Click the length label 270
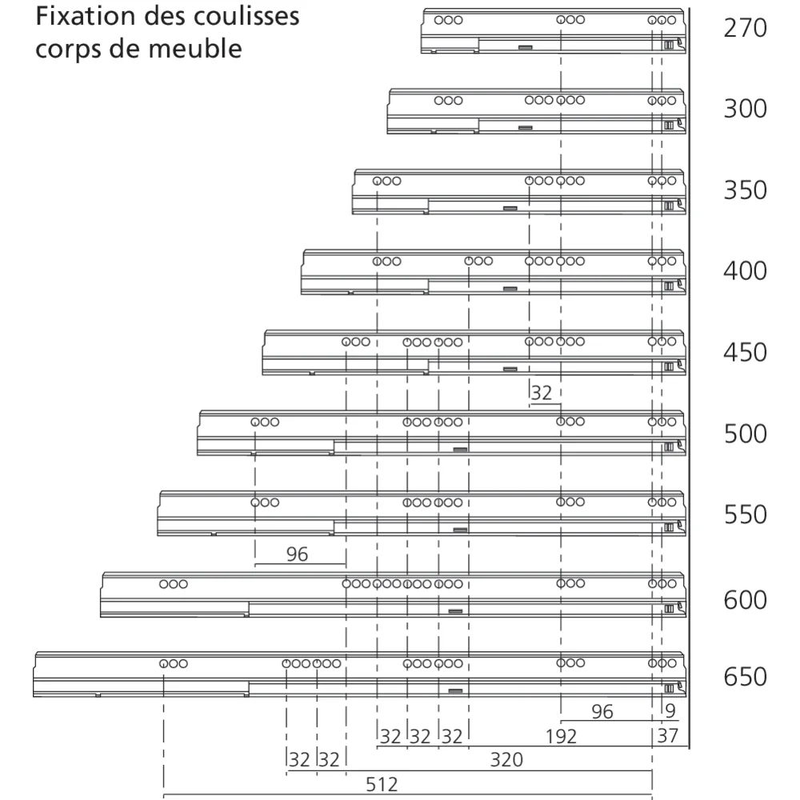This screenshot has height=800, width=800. (x=744, y=30)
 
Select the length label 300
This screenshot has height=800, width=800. (x=744, y=110)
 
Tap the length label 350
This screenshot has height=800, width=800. (x=744, y=191)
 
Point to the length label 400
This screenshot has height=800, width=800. (x=744, y=271)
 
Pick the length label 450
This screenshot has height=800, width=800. (x=744, y=353)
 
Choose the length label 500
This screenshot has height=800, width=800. (x=744, y=434)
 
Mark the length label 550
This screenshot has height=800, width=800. (x=744, y=514)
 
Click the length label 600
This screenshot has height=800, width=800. (x=744, y=599)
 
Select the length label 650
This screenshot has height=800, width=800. (x=744, y=678)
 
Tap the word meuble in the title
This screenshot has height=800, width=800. (x=195, y=49)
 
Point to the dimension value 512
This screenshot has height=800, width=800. (x=382, y=784)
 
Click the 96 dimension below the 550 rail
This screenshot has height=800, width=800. (x=297, y=554)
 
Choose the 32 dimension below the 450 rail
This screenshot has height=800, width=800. (x=542, y=393)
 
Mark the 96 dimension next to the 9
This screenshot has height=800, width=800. (x=602, y=711)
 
